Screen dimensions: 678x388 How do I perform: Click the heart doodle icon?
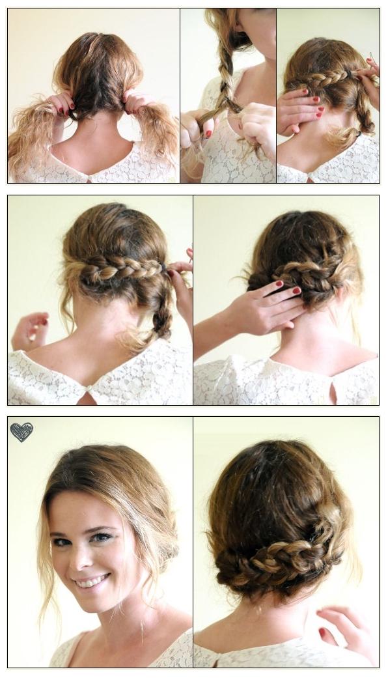[21, 432]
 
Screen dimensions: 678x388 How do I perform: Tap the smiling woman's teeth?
[92, 580]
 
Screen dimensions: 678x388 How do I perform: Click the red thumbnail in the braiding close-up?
[208, 134]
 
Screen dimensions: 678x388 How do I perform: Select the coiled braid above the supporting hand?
[306, 277]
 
